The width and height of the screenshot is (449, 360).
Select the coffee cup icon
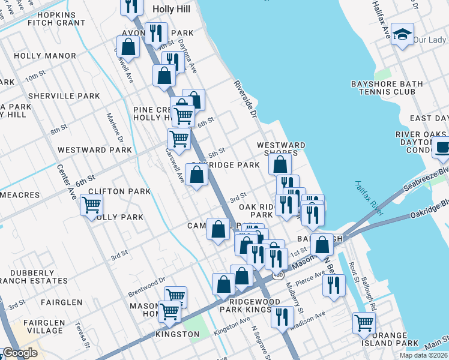click(x=442, y=147)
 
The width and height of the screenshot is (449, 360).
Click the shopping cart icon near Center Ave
click(x=91, y=206)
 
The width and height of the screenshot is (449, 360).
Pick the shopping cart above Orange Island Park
click(x=364, y=323)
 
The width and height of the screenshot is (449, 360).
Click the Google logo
click(x=20, y=353)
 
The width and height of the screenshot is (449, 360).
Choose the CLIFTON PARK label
click(x=119, y=191)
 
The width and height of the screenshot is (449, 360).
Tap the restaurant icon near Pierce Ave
click(x=334, y=286)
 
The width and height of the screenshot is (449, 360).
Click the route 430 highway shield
click(x=277, y=275)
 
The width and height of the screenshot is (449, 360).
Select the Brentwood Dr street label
click(x=146, y=287)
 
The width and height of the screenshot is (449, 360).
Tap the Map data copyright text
click(x=423, y=355)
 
